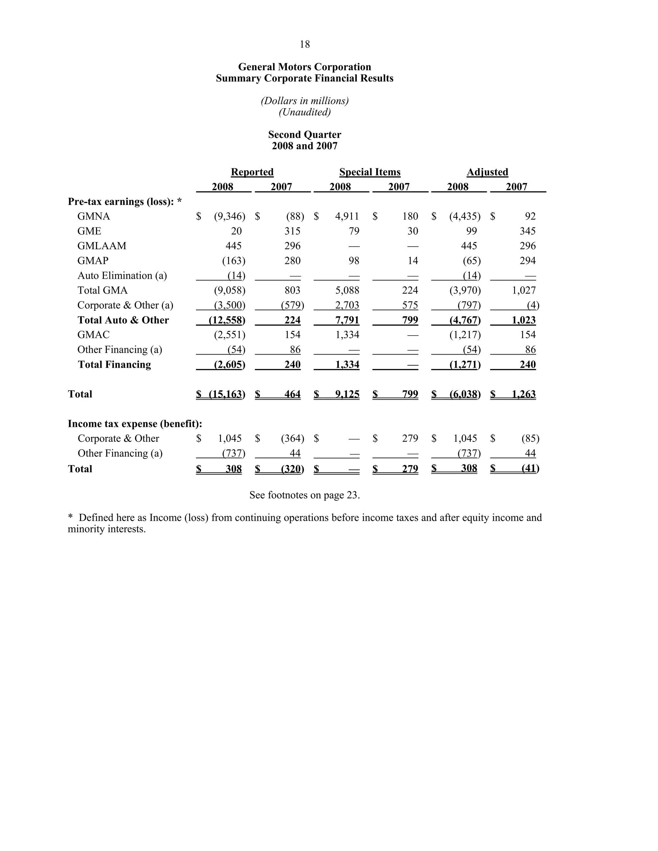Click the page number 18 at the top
[x=305, y=44]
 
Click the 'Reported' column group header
[x=252, y=172]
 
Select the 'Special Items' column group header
[x=369, y=172]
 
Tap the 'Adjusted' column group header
[x=487, y=172]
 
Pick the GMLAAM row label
[x=102, y=246]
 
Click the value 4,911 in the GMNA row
[x=347, y=216]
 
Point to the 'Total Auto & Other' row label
[x=123, y=320]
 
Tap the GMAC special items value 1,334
[x=347, y=335]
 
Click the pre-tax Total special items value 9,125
[x=347, y=394]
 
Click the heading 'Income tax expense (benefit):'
[x=135, y=424]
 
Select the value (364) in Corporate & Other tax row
[x=292, y=438]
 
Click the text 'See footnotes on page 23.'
[x=305, y=495]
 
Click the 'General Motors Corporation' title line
[x=305, y=67]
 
